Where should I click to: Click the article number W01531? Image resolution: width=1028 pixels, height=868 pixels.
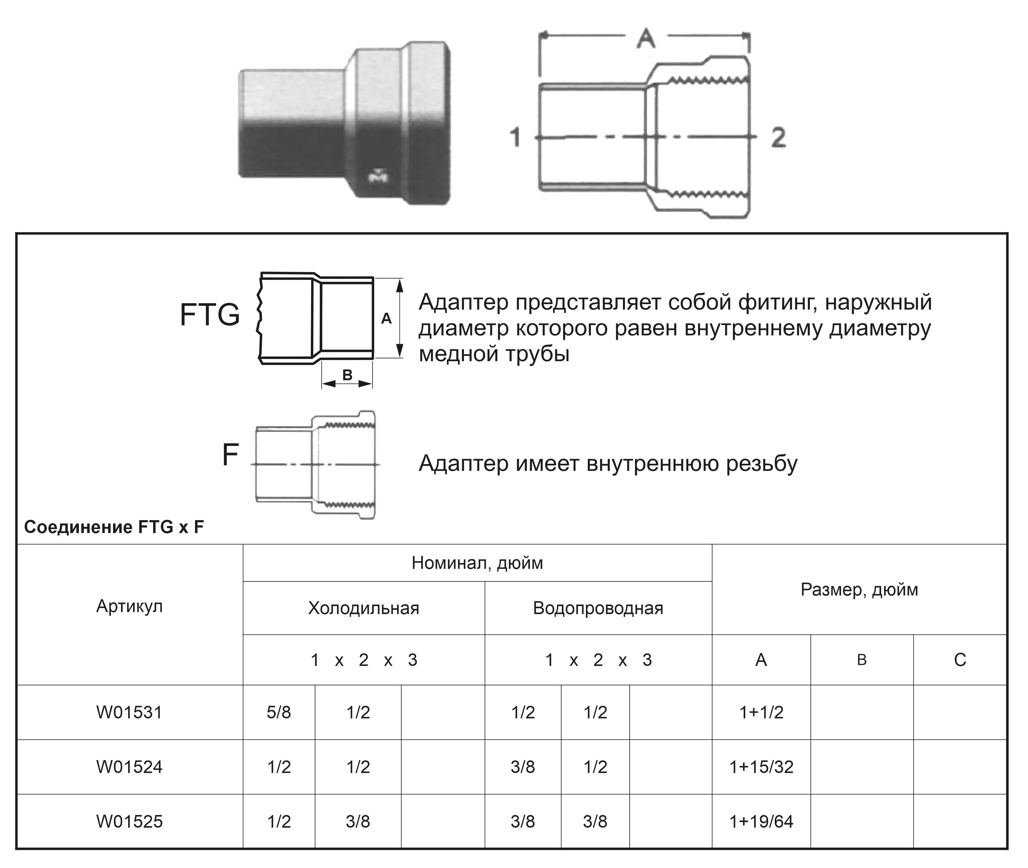coord(129,712)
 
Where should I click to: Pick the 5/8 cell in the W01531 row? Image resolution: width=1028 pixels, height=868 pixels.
coord(279,712)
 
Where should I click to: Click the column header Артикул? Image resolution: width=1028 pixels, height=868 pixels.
coord(129,606)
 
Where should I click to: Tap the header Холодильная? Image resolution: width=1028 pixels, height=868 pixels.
coord(364,608)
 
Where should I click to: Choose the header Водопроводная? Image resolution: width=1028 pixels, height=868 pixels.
coord(598,608)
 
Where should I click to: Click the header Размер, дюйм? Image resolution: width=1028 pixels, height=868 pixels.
coord(859,589)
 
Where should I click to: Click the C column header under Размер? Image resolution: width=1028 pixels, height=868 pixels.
coord(960,660)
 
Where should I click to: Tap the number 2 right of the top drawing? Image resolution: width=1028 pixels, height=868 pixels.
coord(778,137)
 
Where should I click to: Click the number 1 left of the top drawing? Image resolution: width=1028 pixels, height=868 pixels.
coord(515,137)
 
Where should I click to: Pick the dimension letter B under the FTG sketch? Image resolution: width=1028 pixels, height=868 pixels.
coord(347,375)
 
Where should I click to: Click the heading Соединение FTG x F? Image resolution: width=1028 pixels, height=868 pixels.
coord(114,528)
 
